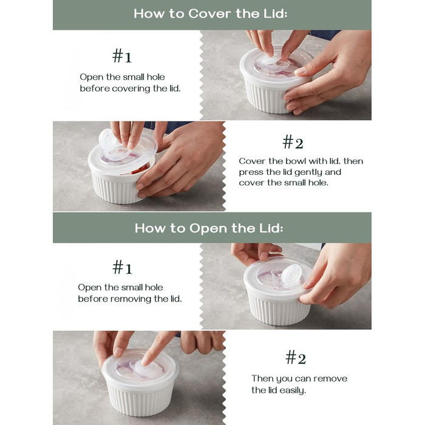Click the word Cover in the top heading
pos(210,13)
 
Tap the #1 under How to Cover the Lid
pos(122,56)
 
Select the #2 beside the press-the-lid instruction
pos(293,142)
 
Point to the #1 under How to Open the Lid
pos(122,267)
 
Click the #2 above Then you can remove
pos(296,357)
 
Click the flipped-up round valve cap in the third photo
pos(291,275)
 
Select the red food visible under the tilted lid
pos(140,170)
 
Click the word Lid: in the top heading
pos(276,13)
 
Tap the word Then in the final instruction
pos(262,378)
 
